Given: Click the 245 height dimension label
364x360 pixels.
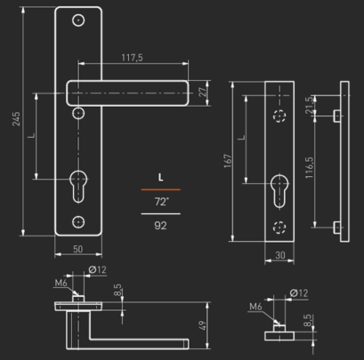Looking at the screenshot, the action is pyautogui.click(x=16, y=119).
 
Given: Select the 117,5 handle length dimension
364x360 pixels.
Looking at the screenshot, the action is pyautogui.click(x=132, y=58).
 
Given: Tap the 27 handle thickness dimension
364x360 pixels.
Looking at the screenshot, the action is pyautogui.click(x=202, y=92).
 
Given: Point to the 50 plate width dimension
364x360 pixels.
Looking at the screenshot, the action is pyautogui.click(x=77, y=249).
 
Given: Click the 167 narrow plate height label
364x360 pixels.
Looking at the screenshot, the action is pyautogui.click(x=228, y=161).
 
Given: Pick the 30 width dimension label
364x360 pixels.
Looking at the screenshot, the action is pyautogui.click(x=280, y=255).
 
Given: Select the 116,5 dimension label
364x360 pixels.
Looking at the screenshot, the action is pyautogui.click(x=309, y=168).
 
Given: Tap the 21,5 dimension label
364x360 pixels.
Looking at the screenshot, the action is pyautogui.click(x=309, y=105).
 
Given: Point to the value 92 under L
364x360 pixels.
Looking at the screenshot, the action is pyautogui.click(x=160, y=226).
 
